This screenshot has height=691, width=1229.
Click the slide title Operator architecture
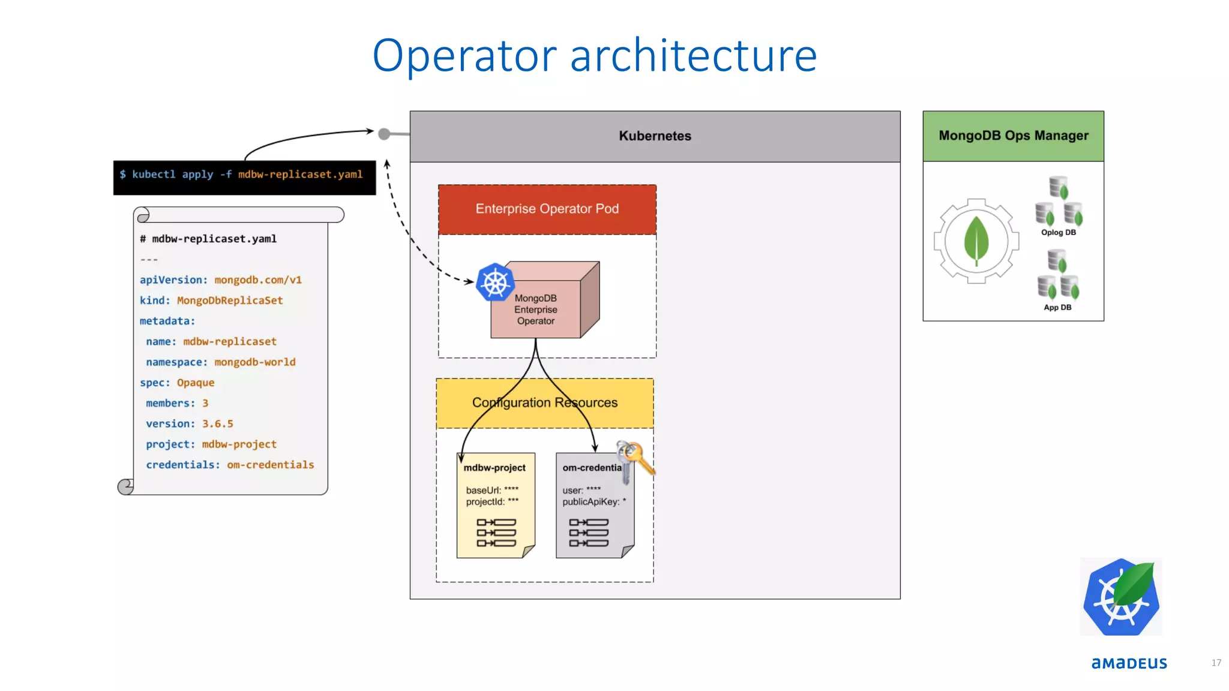[x=594, y=55]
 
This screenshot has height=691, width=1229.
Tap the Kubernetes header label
[x=655, y=136]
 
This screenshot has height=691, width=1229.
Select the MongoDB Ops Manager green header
[x=1013, y=136]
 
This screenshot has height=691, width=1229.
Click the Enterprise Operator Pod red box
[x=547, y=209]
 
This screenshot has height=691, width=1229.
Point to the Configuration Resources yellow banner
[x=544, y=402]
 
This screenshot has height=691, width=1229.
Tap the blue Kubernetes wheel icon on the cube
[x=495, y=283]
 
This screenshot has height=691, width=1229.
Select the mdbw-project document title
[x=494, y=468]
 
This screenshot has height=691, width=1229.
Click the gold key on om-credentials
[x=637, y=457]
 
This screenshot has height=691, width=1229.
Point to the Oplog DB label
[x=1058, y=233]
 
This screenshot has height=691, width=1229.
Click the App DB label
[x=1057, y=308]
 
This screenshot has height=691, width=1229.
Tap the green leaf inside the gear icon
[x=976, y=241]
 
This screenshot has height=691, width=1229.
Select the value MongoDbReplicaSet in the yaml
[x=229, y=301]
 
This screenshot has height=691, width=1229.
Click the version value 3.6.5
[x=217, y=424]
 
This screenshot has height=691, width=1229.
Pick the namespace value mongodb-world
[x=254, y=362]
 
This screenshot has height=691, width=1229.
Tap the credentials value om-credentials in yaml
[x=270, y=465]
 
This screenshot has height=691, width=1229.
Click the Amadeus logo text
[x=1129, y=663]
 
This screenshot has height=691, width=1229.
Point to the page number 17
[x=1216, y=663]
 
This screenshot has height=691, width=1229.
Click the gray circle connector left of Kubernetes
[x=384, y=134]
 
